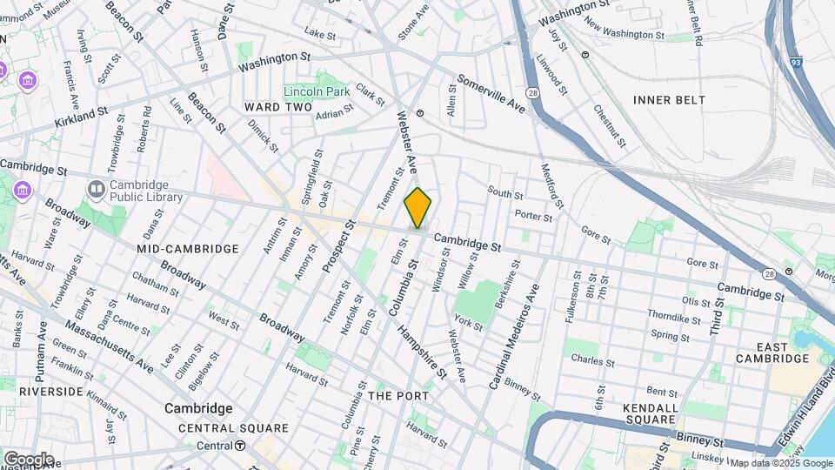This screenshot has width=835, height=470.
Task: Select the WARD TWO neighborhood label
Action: click(277, 107)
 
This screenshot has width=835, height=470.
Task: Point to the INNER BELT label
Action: click(669, 100)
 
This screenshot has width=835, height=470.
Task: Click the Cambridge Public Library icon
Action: click(95, 188)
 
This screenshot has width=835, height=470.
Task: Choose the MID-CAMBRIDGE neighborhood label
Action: click(187, 249)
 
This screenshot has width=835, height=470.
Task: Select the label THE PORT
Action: click(398, 396)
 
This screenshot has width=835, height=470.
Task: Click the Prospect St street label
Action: click(338, 246)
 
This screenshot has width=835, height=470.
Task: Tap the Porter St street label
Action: click(533, 216)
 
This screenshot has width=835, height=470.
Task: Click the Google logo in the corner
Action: click(29, 459)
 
